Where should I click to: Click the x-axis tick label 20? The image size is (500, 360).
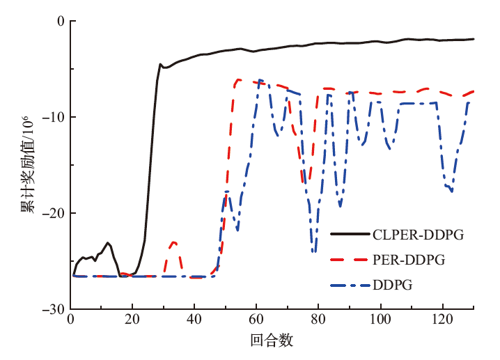[132, 320]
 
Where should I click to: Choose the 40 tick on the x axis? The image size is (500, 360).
[194, 320]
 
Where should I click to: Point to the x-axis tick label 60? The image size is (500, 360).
[256, 320]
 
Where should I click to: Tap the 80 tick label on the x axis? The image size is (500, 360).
[318, 320]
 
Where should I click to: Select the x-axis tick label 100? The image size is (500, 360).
[380, 320]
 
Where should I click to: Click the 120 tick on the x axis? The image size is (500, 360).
[442, 320]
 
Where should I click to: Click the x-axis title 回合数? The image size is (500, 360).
[272, 341]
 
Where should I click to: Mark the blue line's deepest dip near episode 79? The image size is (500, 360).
[315, 251]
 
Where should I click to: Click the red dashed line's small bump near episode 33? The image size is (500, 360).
[173, 242]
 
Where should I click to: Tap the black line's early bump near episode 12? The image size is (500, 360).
[108, 243]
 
